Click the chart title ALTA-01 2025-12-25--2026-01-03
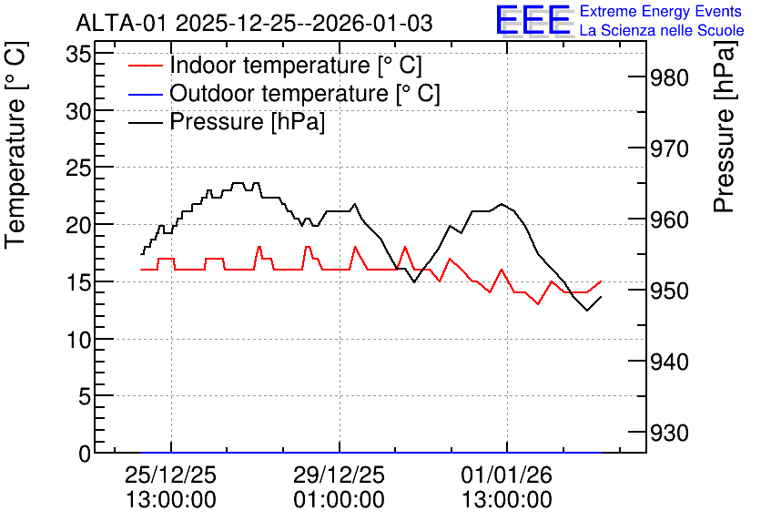[x=254, y=23]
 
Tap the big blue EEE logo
[x=533, y=20]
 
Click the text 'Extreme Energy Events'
[x=661, y=11]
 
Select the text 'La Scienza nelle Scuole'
[x=662, y=30]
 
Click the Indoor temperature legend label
[x=296, y=65]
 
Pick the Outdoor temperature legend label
[x=305, y=93]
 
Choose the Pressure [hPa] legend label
[x=247, y=121]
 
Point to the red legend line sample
[x=145, y=66]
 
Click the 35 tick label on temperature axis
[x=78, y=54]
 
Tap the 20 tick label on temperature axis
[x=78, y=225]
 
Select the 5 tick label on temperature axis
[x=85, y=397]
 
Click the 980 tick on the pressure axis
[x=669, y=77]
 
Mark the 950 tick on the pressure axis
[x=669, y=291]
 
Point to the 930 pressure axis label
[x=669, y=433]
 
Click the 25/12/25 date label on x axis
[x=171, y=475]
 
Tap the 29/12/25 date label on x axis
[x=339, y=475]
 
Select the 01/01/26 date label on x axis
[x=507, y=475]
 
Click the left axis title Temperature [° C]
[x=16, y=146]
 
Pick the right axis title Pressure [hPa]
[x=725, y=127]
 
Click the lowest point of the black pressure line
[x=587, y=311]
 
